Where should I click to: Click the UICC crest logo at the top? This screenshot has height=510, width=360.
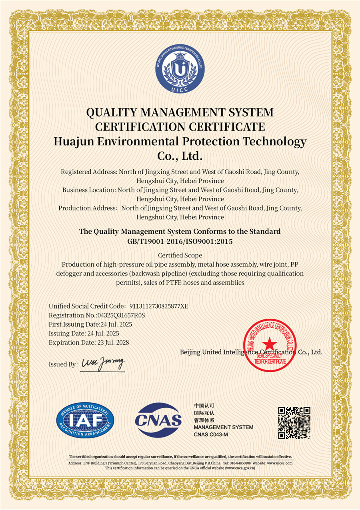point(180,70)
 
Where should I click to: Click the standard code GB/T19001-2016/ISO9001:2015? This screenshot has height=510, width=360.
point(180,241)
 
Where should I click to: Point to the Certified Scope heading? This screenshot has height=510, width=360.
point(180,255)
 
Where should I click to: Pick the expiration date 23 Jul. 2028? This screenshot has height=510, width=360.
point(113,342)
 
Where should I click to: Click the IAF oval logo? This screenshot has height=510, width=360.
point(86,421)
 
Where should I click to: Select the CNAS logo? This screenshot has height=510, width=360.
point(158,420)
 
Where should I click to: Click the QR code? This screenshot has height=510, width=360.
point(294,423)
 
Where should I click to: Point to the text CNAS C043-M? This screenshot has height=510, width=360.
point(211,435)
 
